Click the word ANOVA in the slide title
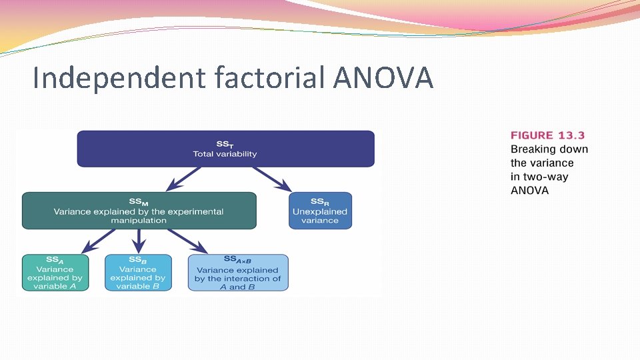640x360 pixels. pos(383,78)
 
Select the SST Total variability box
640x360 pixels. pos(225,148)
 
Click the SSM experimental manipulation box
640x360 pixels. pos(139,211)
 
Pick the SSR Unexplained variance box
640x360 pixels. pos(320,211)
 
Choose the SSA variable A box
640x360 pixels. pos(55,273)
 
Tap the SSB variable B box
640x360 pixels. pos(137,273)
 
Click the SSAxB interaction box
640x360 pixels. pos(238,273)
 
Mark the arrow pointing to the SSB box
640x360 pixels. pos(139,241)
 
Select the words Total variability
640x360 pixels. pos(225,154)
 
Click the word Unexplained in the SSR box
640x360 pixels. pos(320,211)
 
